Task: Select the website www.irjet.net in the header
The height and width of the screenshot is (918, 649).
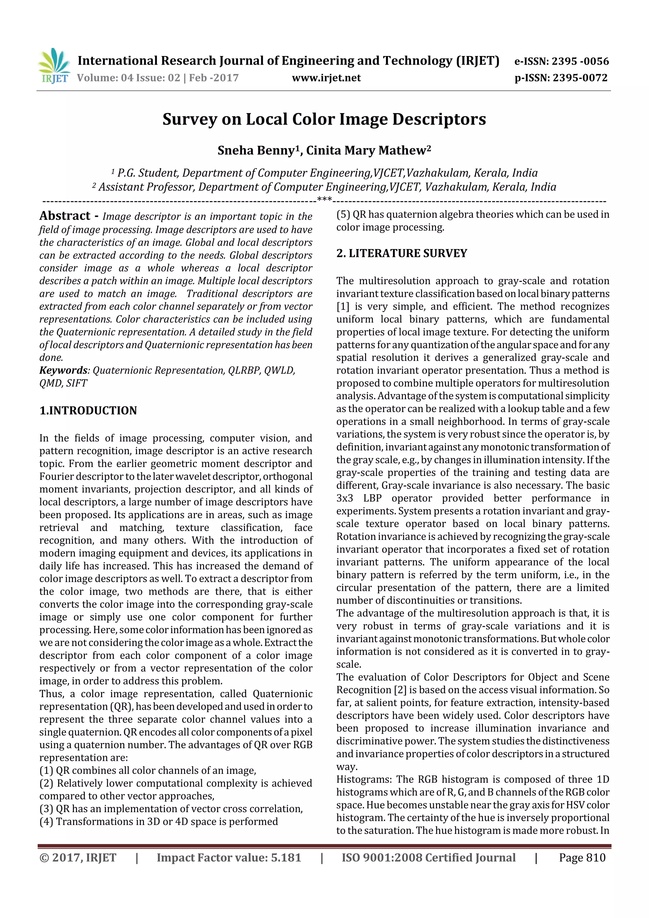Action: coord(326,78)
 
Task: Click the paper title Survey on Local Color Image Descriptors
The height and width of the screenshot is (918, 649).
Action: coord(324,119)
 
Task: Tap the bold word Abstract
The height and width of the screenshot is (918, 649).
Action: coord(65,216)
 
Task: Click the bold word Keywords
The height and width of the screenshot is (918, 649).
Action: coord(63,370)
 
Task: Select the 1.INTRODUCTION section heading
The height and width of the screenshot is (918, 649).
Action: coord(88,411)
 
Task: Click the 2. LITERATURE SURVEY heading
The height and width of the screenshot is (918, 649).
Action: coord(402,254)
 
